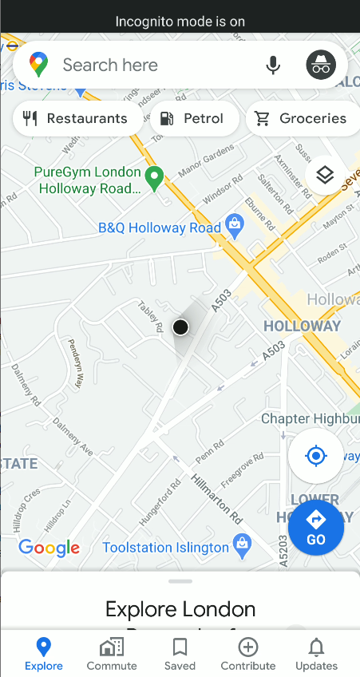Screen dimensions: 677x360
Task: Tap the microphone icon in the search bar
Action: (x=274, y=65)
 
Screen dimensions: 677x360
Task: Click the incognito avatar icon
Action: (x=321, y=65)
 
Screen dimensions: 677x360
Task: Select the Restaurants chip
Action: (x=77, y=119)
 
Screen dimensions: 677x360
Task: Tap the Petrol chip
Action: (x=193, y=119)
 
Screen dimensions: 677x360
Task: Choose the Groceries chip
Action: (x=302, y=119)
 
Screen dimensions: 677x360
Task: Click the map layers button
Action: (x=325, y=175)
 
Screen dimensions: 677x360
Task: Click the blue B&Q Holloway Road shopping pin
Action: (x=235, y=226)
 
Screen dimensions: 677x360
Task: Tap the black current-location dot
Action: (x=180, y=327)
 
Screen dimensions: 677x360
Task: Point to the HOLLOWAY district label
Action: (x=302, y=326)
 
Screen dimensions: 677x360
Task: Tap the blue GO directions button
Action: (x=316, y=527)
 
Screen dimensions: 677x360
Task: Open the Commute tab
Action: (x=112, y=654)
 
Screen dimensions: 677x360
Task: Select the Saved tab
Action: (x=180, y=654)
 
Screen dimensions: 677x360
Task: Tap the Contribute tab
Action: (x=248, y=654)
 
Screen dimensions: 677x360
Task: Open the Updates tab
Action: (x=316, y=654)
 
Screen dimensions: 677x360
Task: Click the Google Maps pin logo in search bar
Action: (x=38, y=65)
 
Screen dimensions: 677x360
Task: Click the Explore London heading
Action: (x=180, y=610)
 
